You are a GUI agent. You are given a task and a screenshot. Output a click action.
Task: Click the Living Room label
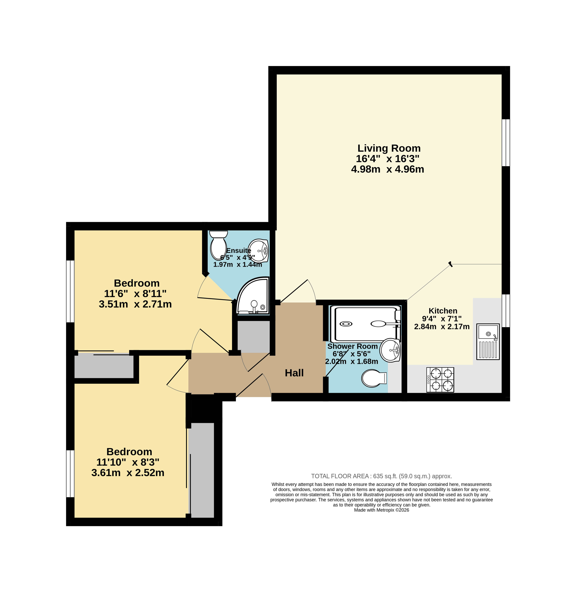click(389, 148)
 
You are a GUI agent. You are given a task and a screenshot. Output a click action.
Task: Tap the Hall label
click(294, 373)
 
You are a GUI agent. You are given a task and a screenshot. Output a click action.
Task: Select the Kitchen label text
click(443, 311)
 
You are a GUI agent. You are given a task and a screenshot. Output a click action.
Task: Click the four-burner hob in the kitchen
click(440, 380)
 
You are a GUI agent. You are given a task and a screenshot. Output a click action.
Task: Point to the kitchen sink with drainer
click(488, 342)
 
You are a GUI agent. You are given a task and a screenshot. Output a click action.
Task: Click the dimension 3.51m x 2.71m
click(135, 304)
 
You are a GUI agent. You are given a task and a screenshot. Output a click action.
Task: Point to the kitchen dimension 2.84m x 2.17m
click(442, 327)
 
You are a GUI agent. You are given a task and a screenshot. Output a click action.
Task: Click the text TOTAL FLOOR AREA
click(340, 476)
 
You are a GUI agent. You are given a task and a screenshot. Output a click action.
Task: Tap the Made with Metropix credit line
click(382, 510)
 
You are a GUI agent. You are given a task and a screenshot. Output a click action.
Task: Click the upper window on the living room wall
click(506, 143)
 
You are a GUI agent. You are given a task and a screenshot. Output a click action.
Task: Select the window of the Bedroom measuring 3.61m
click(70, 473)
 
